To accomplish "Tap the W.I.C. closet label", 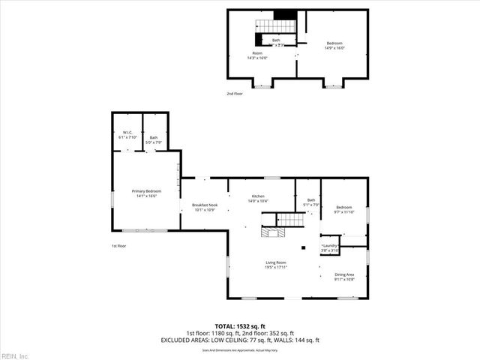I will point(127,133).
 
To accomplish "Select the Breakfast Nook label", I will point(205,205).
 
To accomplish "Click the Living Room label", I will point(276,262).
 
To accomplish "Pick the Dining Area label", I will point(344,275).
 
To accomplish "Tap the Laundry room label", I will point(330,245).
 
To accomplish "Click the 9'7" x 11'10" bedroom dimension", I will point(344,212).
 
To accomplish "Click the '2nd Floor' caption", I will point(235,94).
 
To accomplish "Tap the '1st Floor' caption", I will point(118,245).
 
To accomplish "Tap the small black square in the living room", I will point(303,248).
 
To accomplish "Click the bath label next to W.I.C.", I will point(154,137).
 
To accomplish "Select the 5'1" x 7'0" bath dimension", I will point(310,205).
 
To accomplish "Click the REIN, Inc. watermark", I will point(15,355).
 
